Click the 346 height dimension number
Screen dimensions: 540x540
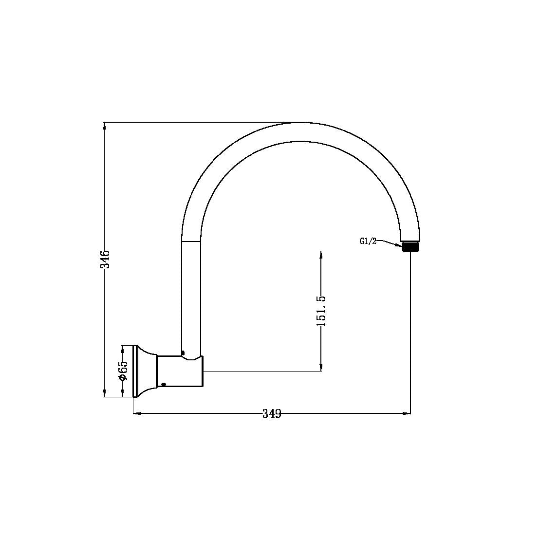click(x=105, y=259)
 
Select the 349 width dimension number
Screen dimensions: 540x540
click(x=272, y=414)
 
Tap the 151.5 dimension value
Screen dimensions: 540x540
click(x=321, y=311)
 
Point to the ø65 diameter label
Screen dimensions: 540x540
click(x=122, y=371)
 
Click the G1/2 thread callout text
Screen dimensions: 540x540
click(x=368, y=241)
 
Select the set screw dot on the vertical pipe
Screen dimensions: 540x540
click(x=183, y=353)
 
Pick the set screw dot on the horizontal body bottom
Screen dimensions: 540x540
click(x=164, y=384)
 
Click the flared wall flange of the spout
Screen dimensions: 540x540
click(x=144, y=371)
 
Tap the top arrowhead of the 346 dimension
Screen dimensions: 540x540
click(x=105, y=126)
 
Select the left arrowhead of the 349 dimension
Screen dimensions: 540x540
click(x=137, y=414)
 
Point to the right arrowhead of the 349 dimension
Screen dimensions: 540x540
click(x=407, y=414)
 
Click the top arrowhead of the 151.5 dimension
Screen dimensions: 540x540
click(x=321, y=255)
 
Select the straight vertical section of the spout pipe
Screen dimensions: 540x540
click(x=191, y=297)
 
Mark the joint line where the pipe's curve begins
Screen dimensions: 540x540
click(x=191, y=241)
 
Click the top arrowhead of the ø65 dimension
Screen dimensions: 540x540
click(x=122, y=349)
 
